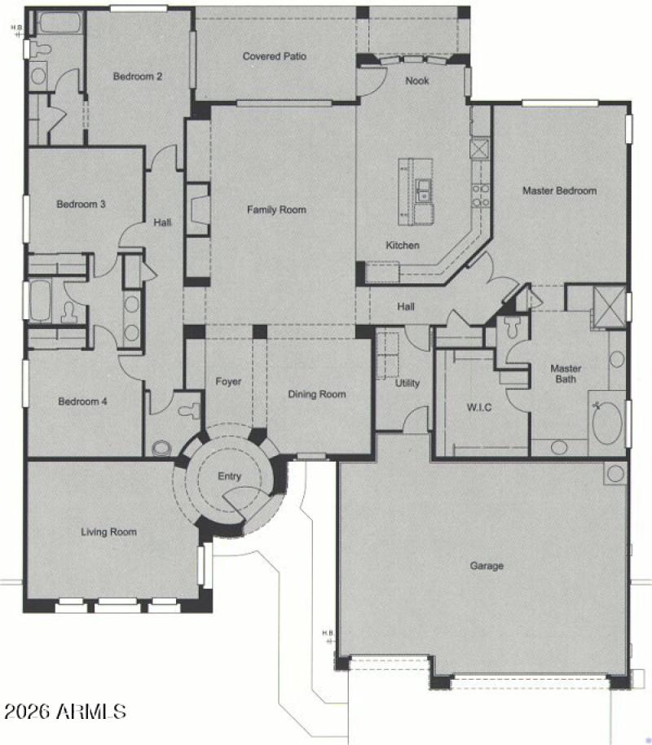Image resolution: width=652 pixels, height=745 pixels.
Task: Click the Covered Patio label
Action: click(x=274, y=56)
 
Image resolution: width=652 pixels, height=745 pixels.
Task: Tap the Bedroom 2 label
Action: click(x=137, y=77)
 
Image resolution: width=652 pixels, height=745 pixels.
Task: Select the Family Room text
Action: click(x=276, y=210)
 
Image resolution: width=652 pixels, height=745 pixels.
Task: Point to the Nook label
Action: click(x=417, y=81)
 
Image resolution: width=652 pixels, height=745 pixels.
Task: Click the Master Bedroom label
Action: click(x=559, y=191)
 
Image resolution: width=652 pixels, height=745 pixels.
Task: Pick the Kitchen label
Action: click(x=403, y=245)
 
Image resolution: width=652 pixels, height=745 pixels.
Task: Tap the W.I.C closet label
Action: click(x=478, y=407)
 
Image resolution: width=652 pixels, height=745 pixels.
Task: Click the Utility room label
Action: click(x=407, y=383)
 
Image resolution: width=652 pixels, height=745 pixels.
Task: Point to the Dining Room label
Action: click(x=317, y=394)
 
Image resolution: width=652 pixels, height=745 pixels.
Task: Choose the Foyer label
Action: click(x=228, y=382)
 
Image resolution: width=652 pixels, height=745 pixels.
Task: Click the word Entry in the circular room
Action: click(x=229, y=477)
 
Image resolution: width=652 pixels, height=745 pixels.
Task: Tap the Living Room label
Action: click(x=108, y=532)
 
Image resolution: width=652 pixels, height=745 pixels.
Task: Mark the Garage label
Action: click(x=487, y=566)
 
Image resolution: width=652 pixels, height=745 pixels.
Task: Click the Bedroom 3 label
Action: click(x=81, y=204)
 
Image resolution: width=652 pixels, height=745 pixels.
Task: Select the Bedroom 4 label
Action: click(x=82, y=401)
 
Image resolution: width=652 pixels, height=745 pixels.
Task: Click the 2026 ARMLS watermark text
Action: click(x=65, y=712)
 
